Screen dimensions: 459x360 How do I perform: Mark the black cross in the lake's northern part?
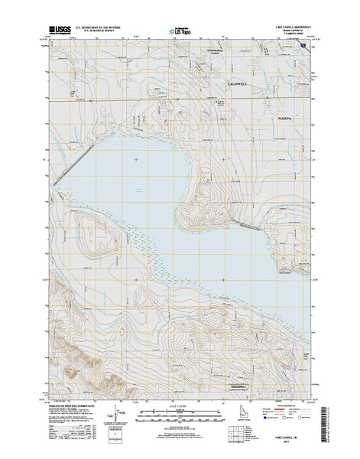click(x=136, y=158)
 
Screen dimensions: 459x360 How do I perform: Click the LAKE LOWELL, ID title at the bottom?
click(x=290, y=442)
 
